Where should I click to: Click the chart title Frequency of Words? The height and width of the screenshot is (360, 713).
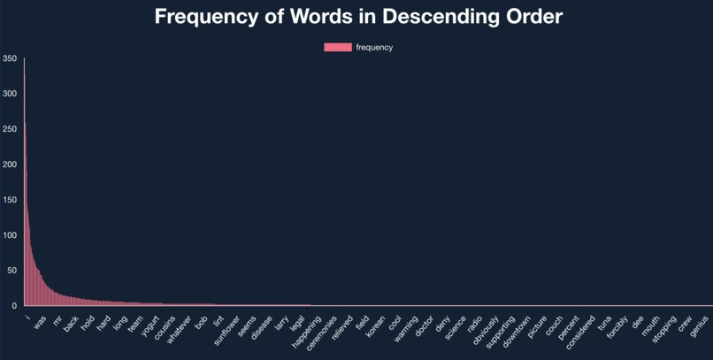pyautogui.click(x=358, y=17)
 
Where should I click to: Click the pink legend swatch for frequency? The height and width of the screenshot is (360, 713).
pyautogui.click(x=337, y=48)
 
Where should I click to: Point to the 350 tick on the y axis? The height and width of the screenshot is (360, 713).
pyautogui.click(x=9, y=58)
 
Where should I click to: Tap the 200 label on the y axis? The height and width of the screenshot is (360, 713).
pyautogui.click(x=9, y=165)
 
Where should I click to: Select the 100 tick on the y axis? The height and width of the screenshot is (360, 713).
pyautogui.click(x=9, y=235)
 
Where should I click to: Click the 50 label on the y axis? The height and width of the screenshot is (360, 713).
pyautogui.click(x=11, y=271)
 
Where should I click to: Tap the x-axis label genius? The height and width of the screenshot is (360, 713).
pyautogui.click(x=701, y=323)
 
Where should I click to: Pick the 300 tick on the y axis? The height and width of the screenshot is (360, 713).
pyautogui.click(x=9, y=94)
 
